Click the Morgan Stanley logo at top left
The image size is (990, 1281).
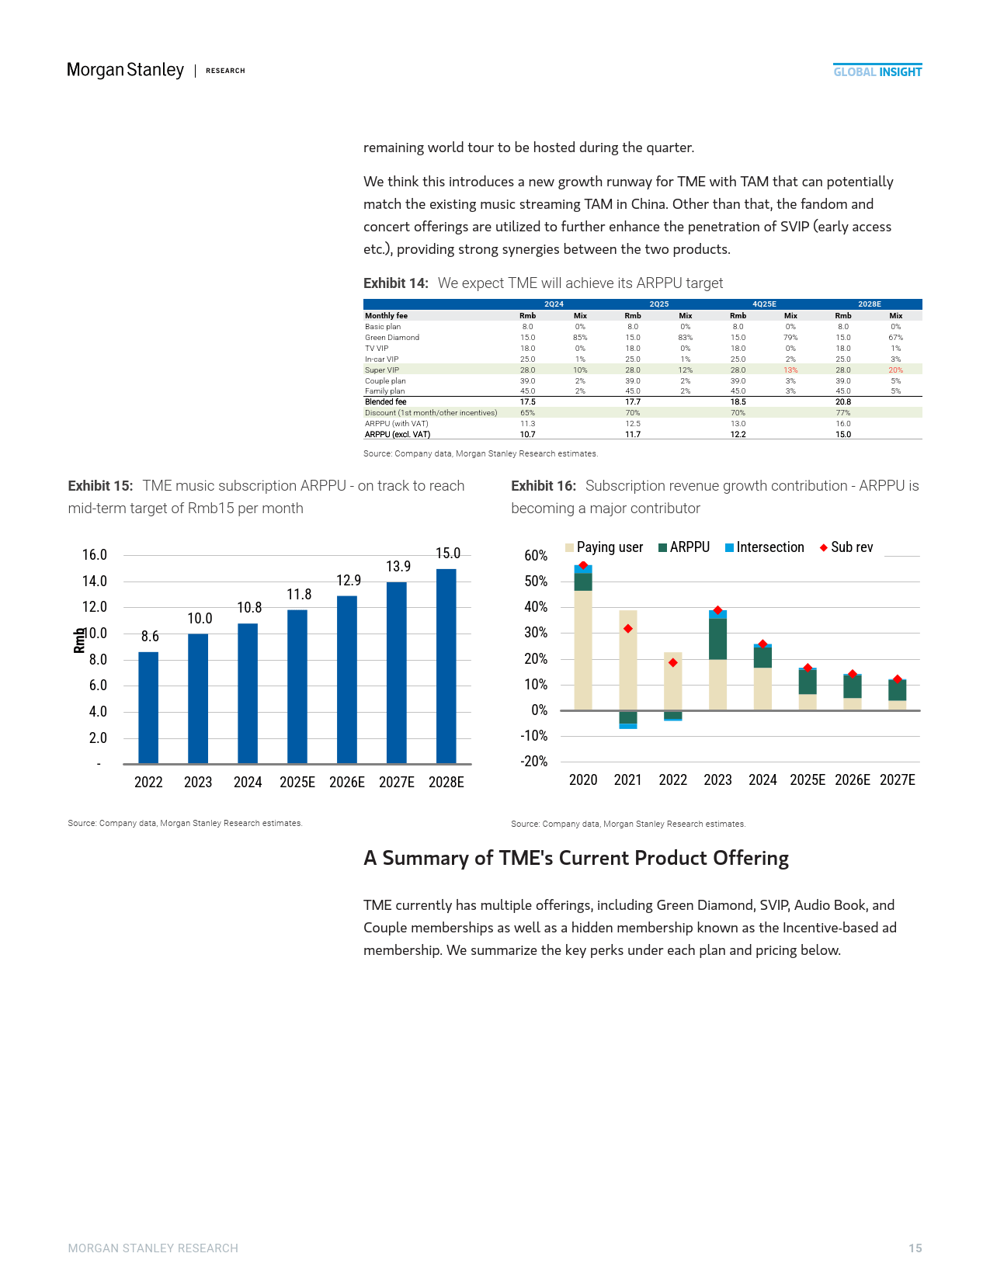125,70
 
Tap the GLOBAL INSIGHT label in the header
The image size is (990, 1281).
877,71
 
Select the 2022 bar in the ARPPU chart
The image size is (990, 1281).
148,707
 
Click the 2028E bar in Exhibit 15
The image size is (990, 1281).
446,666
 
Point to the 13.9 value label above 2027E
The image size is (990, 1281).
398,567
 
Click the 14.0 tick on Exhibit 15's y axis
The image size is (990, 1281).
95,581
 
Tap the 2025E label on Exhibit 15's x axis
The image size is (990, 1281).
297,782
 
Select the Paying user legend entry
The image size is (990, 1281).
604,547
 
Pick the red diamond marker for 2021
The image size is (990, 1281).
628,629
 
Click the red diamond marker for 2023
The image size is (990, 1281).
717,610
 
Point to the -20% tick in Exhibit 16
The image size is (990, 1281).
534,761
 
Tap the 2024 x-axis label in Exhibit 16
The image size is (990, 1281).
762,779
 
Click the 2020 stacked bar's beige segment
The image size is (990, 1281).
583,651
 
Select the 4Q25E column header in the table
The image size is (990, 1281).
764,304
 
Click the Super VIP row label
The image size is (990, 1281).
382,370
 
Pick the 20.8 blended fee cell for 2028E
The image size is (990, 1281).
843,402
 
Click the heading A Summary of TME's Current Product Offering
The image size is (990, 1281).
576,858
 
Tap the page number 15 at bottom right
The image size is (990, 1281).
915,1248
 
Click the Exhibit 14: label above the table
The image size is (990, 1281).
396,283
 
